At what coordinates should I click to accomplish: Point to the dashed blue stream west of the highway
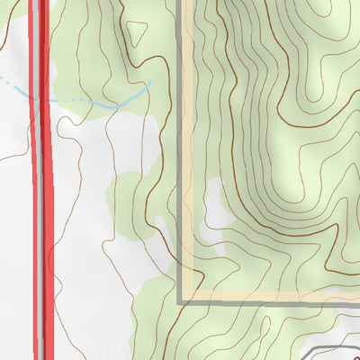[x=13, y=83]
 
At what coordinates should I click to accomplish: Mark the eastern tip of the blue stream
[x=149, y=82]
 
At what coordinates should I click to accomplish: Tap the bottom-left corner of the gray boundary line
[x=180, y=301]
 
